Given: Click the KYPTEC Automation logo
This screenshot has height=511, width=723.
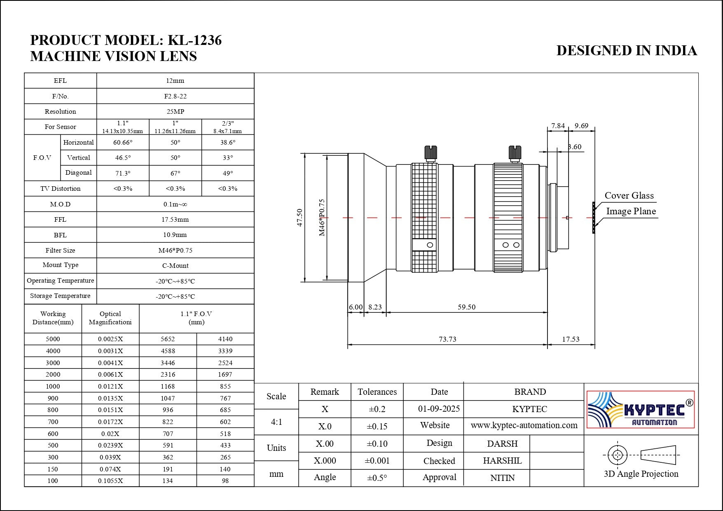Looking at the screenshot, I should coord(641,409).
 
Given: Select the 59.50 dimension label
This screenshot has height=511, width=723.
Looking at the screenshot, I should coord(466,307).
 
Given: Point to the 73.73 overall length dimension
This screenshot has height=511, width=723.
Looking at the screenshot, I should coord(447,339).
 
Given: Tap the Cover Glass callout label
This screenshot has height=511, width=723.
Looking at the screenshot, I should coord(629,196).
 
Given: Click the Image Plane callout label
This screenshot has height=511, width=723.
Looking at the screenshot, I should coord(631,211).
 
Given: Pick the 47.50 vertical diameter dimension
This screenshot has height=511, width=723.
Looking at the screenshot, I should coord(299,217).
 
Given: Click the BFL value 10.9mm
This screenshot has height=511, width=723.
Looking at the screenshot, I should coord(175,235).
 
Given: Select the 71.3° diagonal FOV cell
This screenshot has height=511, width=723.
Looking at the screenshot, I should coord(123,173).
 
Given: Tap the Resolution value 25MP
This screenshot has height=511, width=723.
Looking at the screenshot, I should coord(175,112).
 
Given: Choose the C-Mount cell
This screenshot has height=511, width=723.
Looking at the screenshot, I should coord(175,266).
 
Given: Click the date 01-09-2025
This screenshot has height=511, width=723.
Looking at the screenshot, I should coord(439,409).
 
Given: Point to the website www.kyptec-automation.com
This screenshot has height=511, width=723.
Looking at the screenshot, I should coord(524,425).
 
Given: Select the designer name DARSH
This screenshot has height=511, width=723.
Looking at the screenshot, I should coord(502,444).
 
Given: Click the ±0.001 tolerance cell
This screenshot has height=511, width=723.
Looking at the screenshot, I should coord(377,461).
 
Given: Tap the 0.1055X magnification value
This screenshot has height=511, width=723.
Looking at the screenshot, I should coord(110,481).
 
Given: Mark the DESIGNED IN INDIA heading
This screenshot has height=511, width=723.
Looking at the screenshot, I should coord(626,51).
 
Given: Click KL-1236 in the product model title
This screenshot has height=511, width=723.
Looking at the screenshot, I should coord(195,40).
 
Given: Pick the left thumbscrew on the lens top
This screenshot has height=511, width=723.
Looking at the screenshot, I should coord(431,153).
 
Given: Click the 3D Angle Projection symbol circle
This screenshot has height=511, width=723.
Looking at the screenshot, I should coord(617,455).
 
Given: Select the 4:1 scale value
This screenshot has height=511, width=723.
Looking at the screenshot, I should coord(276,422).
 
